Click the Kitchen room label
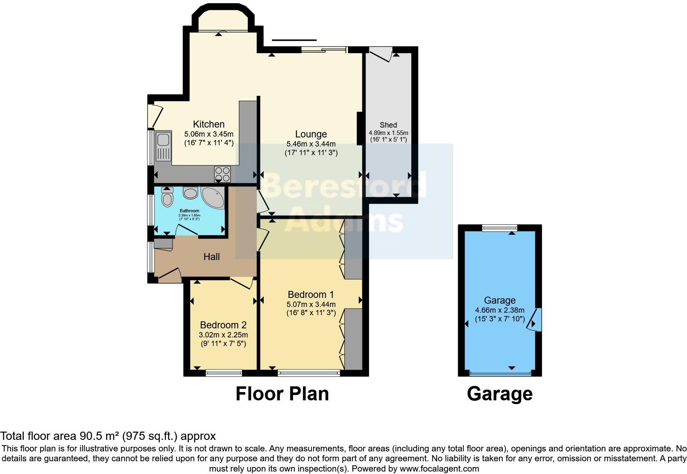pos(209,124)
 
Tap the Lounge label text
pos(311,134)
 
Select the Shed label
pos(388,125)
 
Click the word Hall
pos(212,257)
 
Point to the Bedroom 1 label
pos(311,295)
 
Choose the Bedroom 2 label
pos(223,325)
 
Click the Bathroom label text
pos(189,211)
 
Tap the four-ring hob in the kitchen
pos(222,174)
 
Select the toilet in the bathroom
pos(167,198)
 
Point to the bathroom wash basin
pos(190,192)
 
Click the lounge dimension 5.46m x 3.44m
pos(311,144)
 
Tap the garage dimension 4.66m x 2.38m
pos(500,310)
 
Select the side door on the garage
pos(535,320)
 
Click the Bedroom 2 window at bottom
pos(224,373)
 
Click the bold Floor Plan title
pos(282,394)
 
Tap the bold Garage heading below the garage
pos(500,394)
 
